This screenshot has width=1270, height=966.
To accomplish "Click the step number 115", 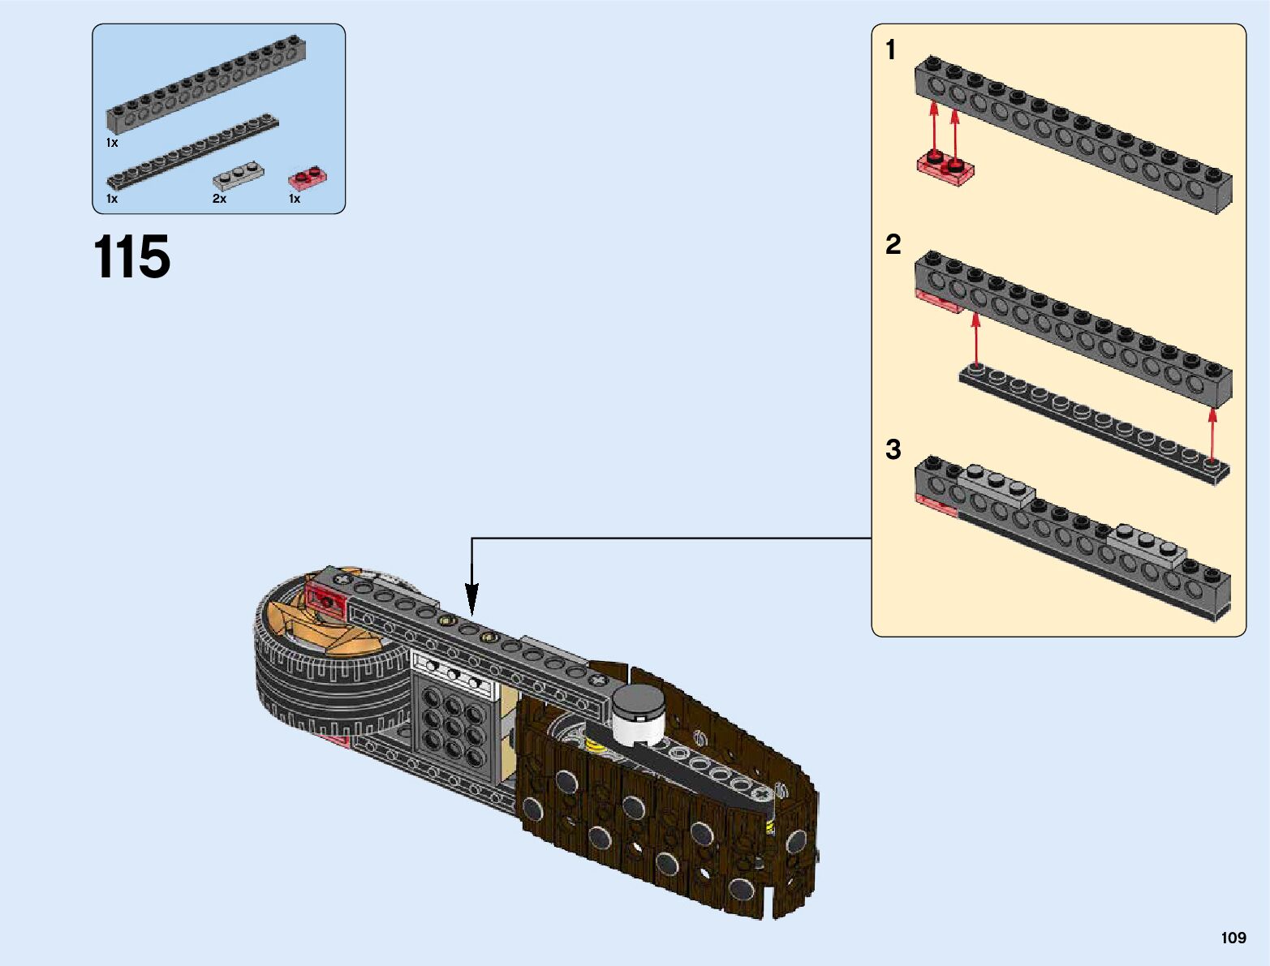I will [x=132, y=257].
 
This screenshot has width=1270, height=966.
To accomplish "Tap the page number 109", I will [x=1233, y=938].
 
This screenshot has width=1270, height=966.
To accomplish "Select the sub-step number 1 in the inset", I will [x=891, y=50].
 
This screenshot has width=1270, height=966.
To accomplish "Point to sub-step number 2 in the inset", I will [x=893, y=244].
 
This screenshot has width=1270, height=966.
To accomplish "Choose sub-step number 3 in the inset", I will [x=893, y=449].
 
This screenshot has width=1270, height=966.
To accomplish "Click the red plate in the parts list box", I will [x=308, y=177].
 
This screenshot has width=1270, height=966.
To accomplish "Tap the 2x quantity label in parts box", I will [x=219, y=199].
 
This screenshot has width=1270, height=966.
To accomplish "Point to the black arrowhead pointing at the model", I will [x=471, y=604].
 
